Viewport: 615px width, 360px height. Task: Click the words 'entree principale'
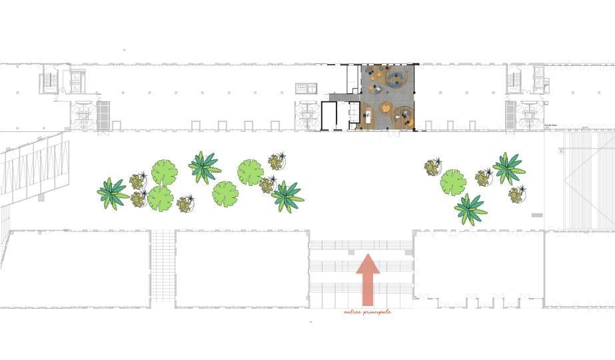click(367, 312)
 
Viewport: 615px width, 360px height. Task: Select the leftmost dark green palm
click(112, 192)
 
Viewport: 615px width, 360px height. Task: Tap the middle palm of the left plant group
click(204, 166)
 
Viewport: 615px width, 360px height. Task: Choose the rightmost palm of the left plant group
click(287, 195)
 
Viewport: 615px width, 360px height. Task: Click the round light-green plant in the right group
click(453, 181)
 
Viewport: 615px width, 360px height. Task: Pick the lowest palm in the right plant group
click(471, 209)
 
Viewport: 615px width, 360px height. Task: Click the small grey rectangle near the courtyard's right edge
click(537, 215)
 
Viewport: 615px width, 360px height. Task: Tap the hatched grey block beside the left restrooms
click(103, 115)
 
